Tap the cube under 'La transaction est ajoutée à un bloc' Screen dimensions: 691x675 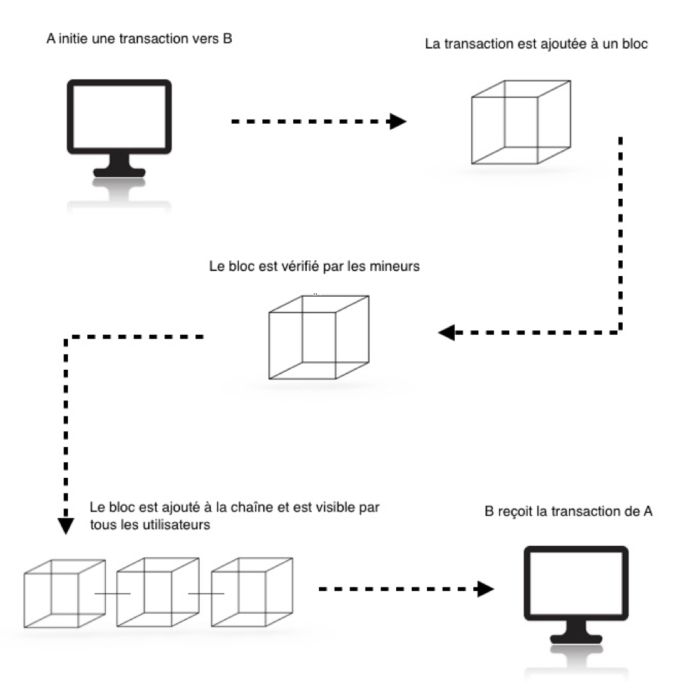(521, 122)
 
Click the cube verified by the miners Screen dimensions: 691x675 (318, 336)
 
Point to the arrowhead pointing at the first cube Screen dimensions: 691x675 (397, 122)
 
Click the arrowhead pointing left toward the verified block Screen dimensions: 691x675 (447, 333)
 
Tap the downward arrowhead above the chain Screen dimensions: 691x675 (66, 526)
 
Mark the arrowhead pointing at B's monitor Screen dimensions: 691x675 (486, 589)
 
